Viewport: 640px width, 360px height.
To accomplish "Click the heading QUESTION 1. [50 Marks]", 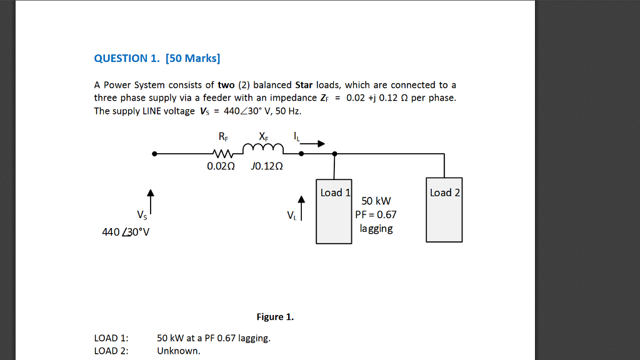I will pyautogui.click(x=157, y=59).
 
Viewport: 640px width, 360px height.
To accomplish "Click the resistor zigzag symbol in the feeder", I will pyautogui.click(x=223, y=153).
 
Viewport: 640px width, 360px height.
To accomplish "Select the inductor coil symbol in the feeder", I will pyautogui.click(x=262, y=149).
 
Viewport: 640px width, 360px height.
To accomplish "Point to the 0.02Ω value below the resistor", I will pyautogui.click(x=221, y=167).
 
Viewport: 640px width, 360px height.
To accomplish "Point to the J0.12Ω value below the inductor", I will pyautogui.click(x=266, y=167).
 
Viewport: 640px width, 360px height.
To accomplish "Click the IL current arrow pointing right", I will pyautogui.click(x=312, y=144).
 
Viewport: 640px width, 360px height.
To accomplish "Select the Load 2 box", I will pyautogui.click(x=444, y=210).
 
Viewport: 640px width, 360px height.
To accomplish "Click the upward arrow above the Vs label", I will pyautogui.click(x=150, y=199).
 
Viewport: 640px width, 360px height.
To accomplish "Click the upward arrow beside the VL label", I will pyautogui.click(x=301, y=208).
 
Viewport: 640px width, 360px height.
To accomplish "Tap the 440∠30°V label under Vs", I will pyautogui.click(x=126, y=232).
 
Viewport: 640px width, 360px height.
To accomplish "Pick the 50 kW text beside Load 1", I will pyautogui.click(x=376, y=201).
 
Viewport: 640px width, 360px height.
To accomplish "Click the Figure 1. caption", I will pyautogui.click(x=275, y=317).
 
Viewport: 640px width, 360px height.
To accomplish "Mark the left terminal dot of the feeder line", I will pyautogui.click(x=155, y=153).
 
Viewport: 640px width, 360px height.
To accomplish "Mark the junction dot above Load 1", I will pyautogui.click(x=334, y=153).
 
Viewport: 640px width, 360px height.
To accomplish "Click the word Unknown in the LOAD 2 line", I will pyautogui.click(x=178, y=351).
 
